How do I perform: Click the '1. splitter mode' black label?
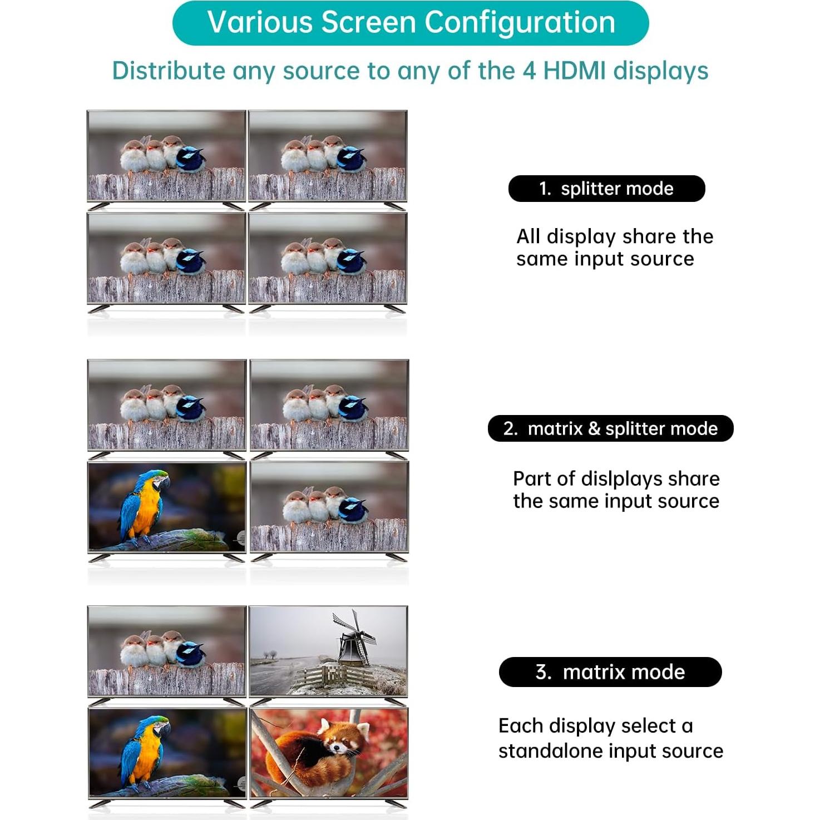606,189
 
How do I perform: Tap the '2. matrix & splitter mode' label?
610,428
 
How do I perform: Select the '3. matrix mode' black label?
610,672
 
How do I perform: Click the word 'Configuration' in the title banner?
520,23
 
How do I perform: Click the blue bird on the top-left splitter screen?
190,159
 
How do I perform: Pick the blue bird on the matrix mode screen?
190,654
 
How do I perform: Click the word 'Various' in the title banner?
260,23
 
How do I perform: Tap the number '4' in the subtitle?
528,71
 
